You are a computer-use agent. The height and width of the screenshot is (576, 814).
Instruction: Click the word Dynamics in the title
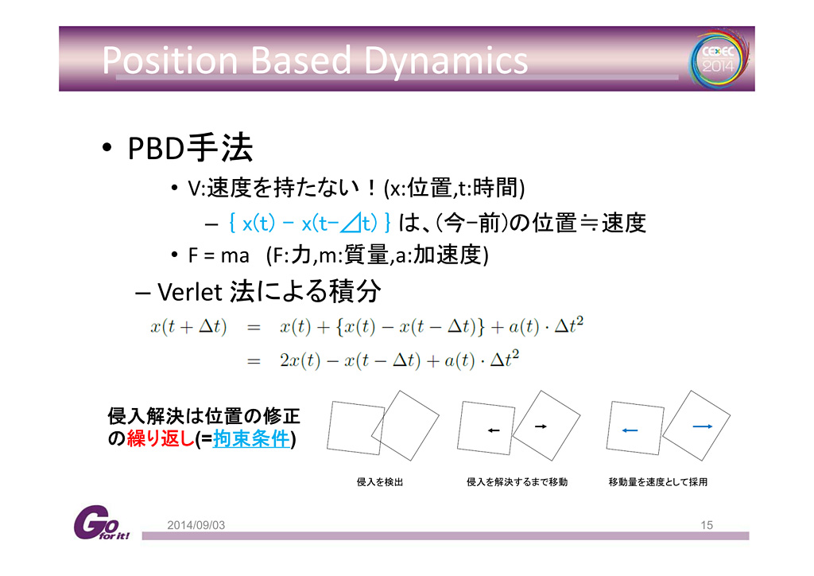point(445,61)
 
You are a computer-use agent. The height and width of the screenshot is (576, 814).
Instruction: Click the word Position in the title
point(170,60)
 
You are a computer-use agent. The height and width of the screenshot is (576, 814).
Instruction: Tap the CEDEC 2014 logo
point(719,59)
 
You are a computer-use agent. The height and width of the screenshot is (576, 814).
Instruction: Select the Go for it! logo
point(101,523)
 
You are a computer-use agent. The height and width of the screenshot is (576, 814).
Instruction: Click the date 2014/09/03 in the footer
point(196,525)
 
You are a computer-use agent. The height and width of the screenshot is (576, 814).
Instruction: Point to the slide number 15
point(707,525)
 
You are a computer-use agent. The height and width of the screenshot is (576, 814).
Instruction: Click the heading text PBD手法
point(190,148)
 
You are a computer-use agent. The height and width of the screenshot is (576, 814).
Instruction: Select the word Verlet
point(190,292)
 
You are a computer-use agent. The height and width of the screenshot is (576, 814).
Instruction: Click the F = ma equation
point(219,255)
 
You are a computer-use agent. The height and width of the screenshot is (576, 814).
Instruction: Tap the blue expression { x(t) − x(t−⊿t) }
point(309,224)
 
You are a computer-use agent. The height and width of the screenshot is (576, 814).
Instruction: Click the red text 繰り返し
point(161,439)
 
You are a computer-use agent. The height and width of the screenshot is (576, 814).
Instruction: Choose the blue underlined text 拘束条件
point(251,439)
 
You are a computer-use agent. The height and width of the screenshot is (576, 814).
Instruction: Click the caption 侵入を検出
point(380,482)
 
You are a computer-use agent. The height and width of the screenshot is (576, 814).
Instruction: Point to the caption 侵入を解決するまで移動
point(517,482)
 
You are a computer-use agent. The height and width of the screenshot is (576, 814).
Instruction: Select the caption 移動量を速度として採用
point(657,482)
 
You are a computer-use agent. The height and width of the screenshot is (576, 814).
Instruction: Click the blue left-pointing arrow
point(630,430)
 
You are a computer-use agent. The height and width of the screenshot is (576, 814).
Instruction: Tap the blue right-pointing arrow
point(703,426)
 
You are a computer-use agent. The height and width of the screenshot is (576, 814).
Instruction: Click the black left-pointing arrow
point(494,430)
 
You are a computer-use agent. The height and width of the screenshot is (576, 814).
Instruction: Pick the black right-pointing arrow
point(541,426)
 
